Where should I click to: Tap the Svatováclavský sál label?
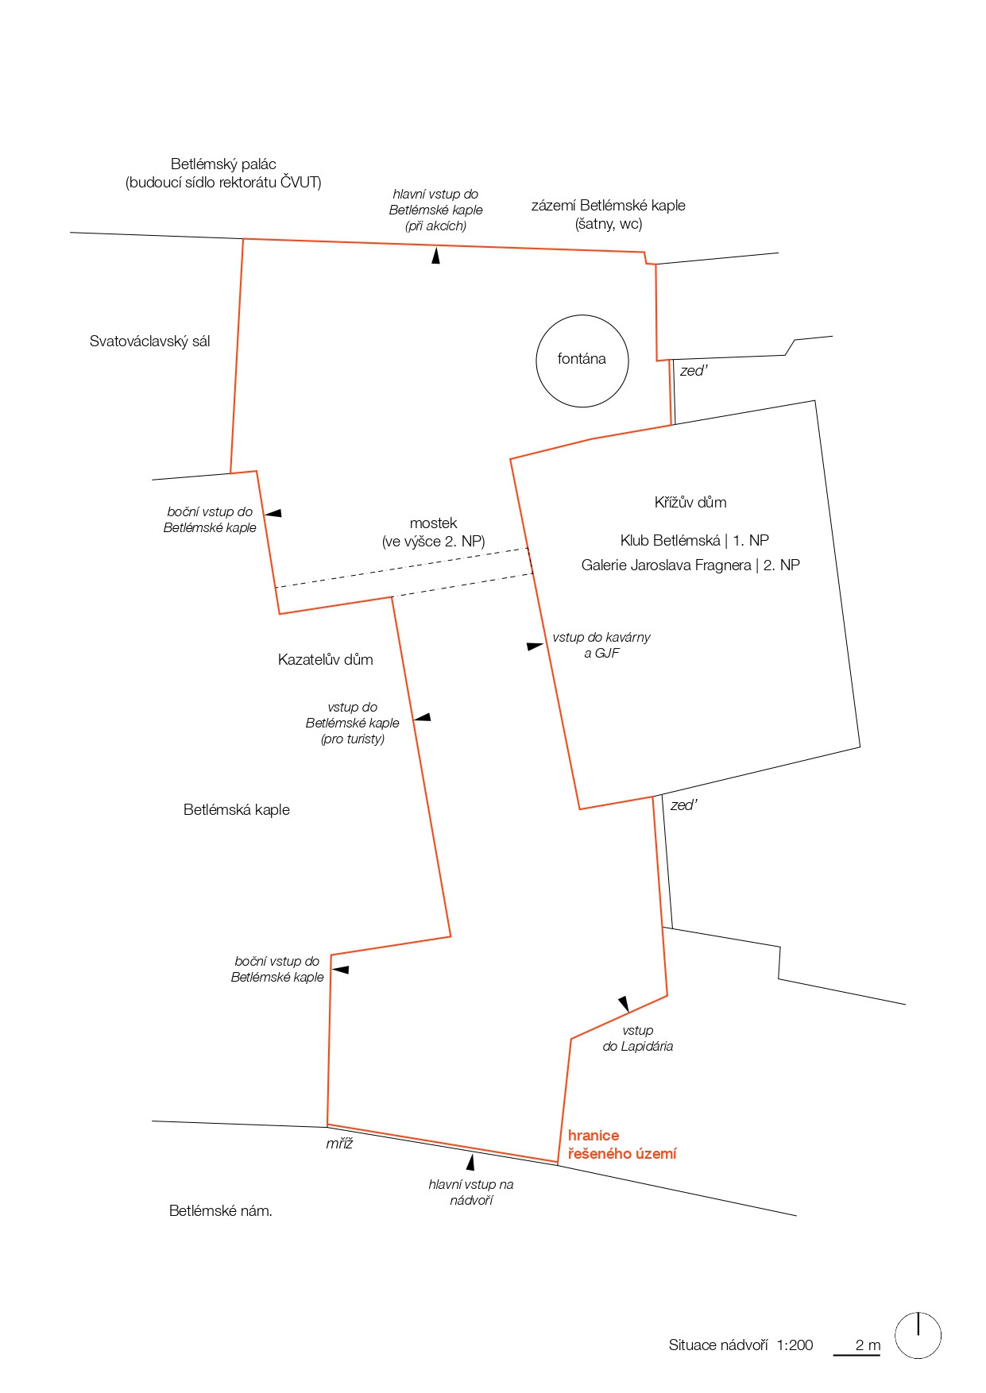pos(149,341)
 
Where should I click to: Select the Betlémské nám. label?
pos(220,1211)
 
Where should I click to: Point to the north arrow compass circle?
pos(918,1335)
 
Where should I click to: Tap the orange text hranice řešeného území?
pos(621,1144)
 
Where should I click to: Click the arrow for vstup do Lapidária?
pos(624,1004)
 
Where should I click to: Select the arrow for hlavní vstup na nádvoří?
pos(470,1163)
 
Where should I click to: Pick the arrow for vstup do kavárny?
pos(535,646)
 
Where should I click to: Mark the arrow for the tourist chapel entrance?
pos(423,717)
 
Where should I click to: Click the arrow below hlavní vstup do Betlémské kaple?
pos(435,256)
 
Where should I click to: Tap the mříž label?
pos(339,1144)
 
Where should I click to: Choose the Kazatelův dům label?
pos(325,659)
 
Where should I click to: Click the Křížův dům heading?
pos(690,502)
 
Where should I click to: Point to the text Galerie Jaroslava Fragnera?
pos(666,565)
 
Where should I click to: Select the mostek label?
pos(433,523)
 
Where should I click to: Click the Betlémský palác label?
pos(223,164)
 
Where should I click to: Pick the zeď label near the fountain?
pos(693,371)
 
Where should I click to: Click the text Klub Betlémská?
pos(670,541)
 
